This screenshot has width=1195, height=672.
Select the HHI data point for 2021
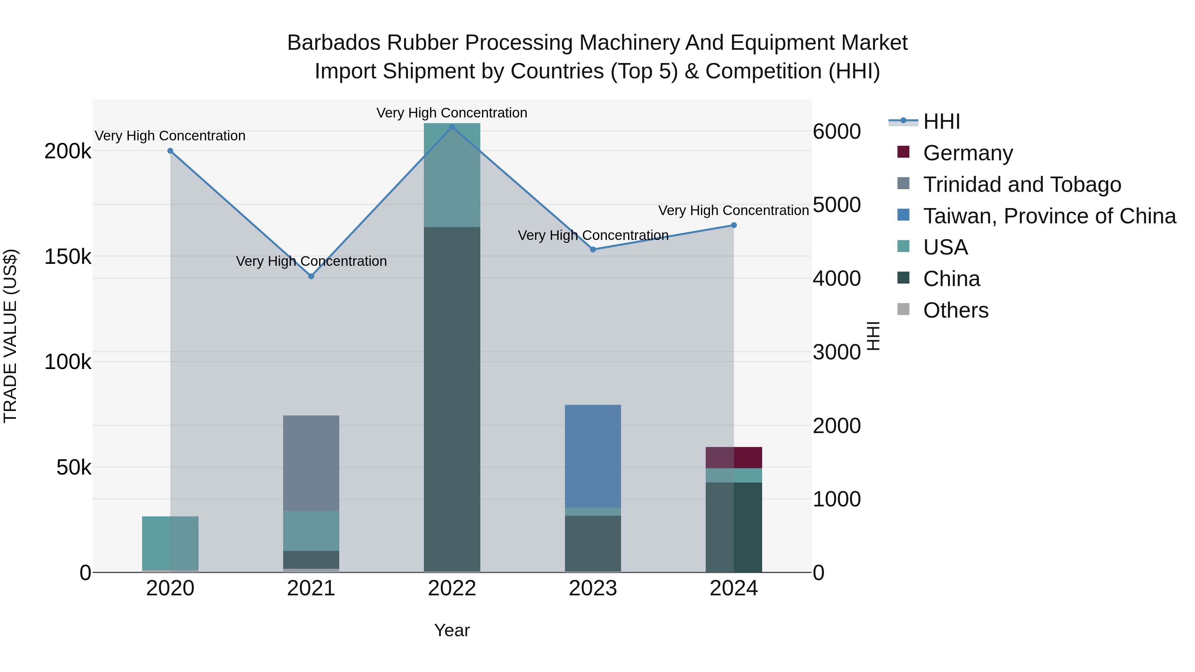pyautogui.click(x=311, y=276)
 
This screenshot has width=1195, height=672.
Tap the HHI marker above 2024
pyautogui.click(x=734, y=225)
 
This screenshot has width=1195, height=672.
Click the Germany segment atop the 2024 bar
pyautogui.click(x=734, y=458)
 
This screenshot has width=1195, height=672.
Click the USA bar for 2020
pyautogui.click(x=170, y=543)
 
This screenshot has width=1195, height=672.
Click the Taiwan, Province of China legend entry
pyautogui.click(x=1049, y=216)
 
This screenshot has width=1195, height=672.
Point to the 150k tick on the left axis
pyautogui.click(x=68, y=257)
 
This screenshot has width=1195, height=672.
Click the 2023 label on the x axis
pyautogui.click(x=593, y=588)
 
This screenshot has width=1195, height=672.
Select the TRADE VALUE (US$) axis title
pyautogui.click(x=11, y=336)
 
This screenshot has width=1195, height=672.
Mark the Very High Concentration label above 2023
pyautogui.click(x=593, y=236)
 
